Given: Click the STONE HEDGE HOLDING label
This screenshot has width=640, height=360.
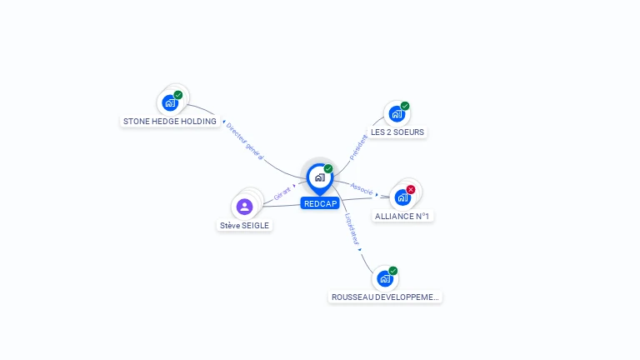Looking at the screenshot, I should click(x=170, y=122).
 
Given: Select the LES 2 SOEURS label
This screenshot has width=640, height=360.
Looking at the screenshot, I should click(x=397, y=132).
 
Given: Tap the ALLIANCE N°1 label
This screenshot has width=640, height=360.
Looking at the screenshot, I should click(x=402, y=217).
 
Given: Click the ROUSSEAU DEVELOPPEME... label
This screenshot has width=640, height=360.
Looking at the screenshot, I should click(x=385, y=297).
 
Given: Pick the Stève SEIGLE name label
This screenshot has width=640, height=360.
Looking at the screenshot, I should click(x=244, y=226).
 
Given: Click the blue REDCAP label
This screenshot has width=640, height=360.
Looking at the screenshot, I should click(x=320, y=204).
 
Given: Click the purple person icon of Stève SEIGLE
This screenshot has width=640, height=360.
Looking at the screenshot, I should click(x=244, y=207).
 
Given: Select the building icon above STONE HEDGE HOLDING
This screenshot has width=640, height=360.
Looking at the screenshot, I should click(x=170, y=103).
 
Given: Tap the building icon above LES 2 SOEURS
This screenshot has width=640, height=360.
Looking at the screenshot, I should click(x=397, y=113).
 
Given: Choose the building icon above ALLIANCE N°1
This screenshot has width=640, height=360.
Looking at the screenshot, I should click(x=402, y=197).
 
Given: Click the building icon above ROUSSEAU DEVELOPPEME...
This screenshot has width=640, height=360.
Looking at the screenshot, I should click(x=384, y=278).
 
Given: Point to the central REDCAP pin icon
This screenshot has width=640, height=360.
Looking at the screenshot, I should click(x=319, y=177).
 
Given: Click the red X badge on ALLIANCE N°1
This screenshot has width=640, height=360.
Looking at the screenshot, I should click(x=411, y=189).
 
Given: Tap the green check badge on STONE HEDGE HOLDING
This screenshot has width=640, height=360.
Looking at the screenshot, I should click(x=178, y=95).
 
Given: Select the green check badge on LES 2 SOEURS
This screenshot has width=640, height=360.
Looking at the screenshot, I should click(x=405, y=106).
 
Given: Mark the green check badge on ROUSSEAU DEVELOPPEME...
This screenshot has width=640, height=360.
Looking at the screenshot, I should click(x=393, y=270).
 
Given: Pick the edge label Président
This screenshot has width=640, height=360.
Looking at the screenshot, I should click(x=358, y=147).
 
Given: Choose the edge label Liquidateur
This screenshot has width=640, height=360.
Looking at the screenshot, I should click(x=352, y=228).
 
